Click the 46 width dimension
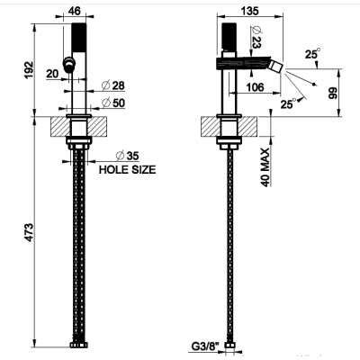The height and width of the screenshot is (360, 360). (75, 11)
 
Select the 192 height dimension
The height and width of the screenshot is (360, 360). (29, 70)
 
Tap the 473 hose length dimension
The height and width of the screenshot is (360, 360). (29, 232)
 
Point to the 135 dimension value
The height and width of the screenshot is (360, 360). (249, 11)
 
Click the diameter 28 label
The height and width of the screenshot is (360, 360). (113, 85)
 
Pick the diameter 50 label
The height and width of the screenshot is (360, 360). (113, 103)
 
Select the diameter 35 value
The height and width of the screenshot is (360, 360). (128, 156)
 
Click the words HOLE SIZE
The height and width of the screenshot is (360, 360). (128, 170)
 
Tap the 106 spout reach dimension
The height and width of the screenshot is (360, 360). (255, 87)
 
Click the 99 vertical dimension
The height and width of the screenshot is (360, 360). (333, 93)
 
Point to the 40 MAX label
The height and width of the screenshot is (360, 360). (265, 167)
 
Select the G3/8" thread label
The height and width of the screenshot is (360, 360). (205, 346)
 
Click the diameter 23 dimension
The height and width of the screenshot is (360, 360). (256, 37)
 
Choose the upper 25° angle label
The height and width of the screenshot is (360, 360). (312, 54)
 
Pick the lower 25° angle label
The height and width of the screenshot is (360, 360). (288, 103)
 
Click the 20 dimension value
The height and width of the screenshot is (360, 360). (52, 74)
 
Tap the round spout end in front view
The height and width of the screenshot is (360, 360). (69, 65)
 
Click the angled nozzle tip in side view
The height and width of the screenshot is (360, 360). (276, 67)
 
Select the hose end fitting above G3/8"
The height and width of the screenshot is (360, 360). (230, 345)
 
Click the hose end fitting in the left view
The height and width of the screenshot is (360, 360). (79, 345)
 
